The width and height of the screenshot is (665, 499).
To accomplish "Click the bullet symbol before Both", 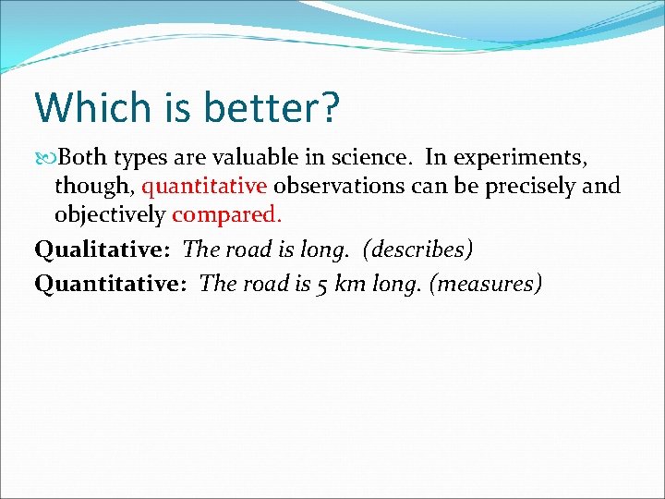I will click(43, 158).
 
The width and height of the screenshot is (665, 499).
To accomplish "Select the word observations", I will click(339, 187).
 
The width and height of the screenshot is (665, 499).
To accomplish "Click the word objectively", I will click(109, 216).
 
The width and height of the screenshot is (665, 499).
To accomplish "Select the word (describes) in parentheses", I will click(421, 250).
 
